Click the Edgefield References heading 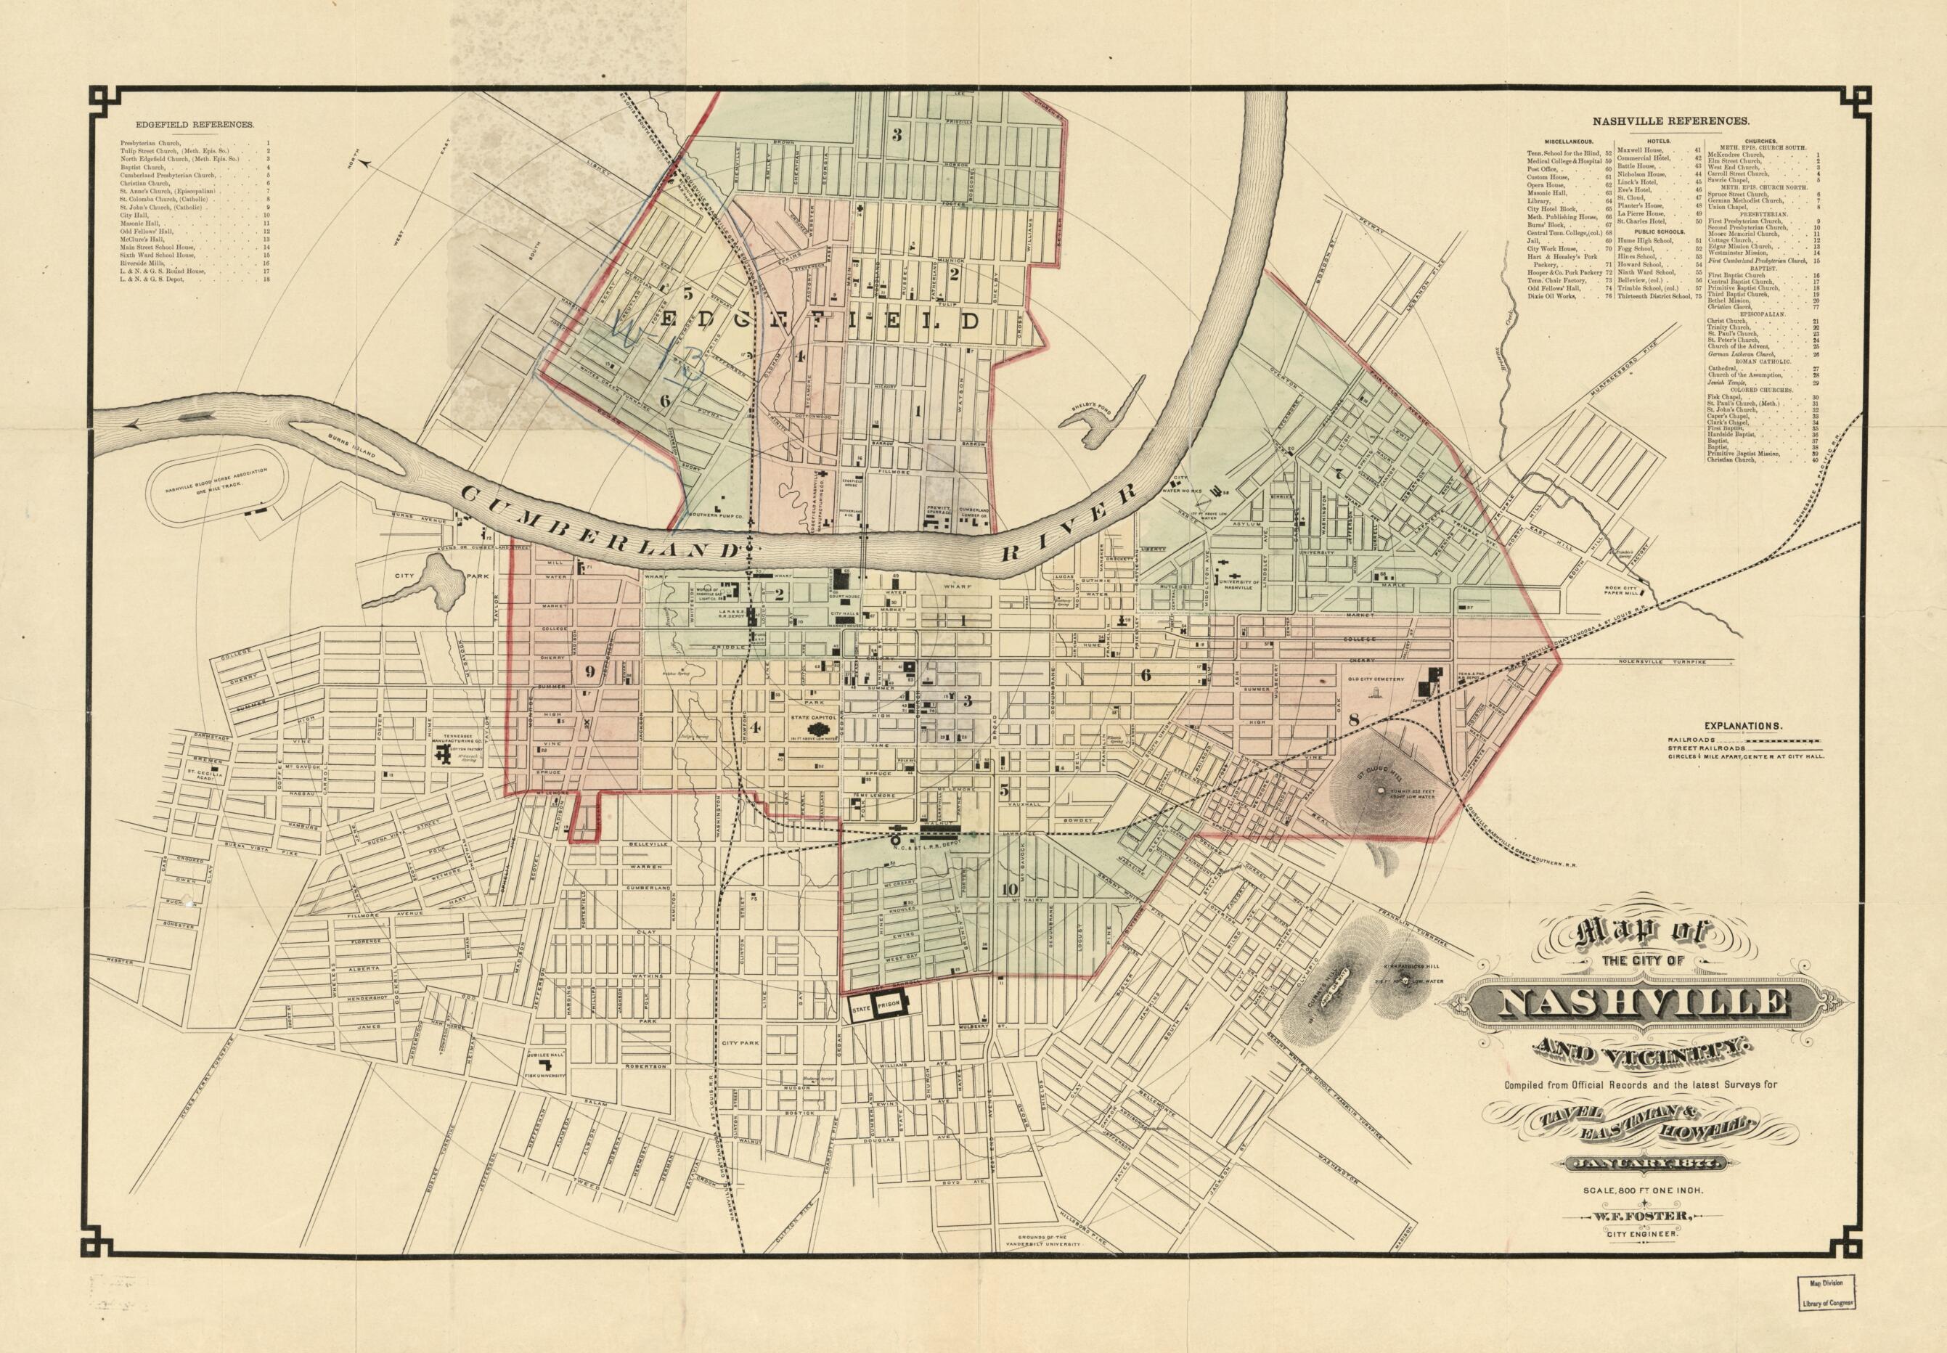pos(187,124)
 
